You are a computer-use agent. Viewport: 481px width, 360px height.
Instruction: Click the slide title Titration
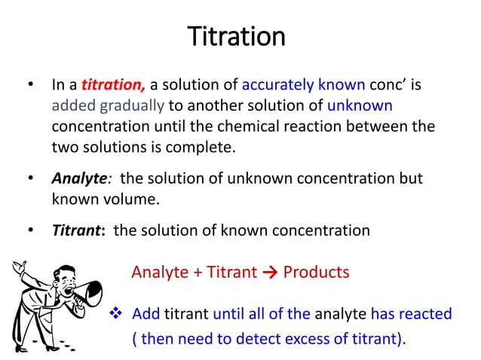pyautogui.click(x=236, y=36)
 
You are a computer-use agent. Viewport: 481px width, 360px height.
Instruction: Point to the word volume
pyautogui.click(x=136, y=199)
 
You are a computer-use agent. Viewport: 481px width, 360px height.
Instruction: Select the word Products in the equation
pyautogui.click(x=316, y=272)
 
